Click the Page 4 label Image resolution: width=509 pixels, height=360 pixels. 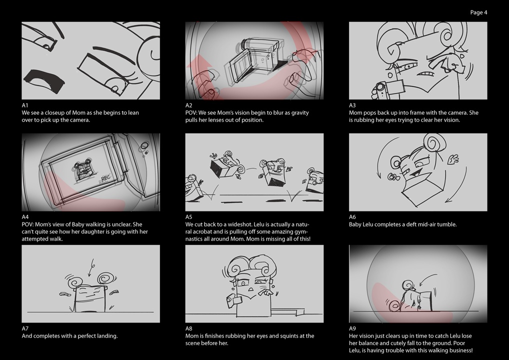tap(478, 12)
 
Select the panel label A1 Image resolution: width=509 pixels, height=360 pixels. tap(25, 105)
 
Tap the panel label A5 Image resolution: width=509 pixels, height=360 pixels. tap(189, 217)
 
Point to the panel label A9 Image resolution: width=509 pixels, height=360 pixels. tap(352, 328)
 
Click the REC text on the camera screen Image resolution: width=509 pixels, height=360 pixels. tap(106, 178)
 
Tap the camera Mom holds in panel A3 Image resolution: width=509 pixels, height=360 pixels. tap(388, 87)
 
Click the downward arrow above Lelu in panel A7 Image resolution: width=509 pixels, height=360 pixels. tap(91, 267)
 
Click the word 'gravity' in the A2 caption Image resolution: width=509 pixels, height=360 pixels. tap(299, 112)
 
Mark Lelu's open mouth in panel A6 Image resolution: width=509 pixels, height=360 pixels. tap(414, 173)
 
